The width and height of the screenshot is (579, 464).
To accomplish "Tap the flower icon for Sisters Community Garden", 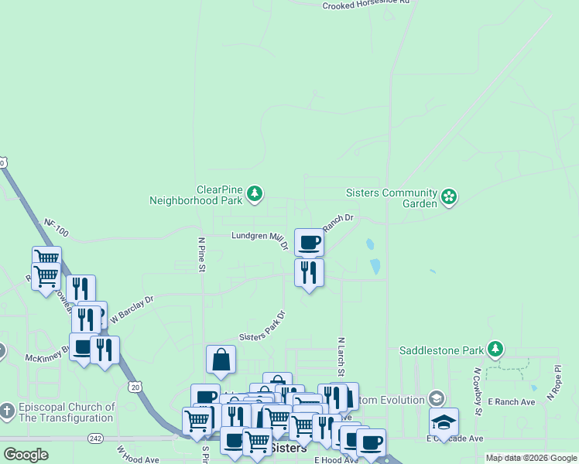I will pyautogui.click(x=448, y=197).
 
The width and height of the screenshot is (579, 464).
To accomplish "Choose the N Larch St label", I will pyautogui.click(x=341, y=351).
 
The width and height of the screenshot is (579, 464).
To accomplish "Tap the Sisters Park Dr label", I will pyautogui.click(x=262, y=327).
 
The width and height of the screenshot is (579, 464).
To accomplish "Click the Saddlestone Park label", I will pyautogui.click(x=441, y=350).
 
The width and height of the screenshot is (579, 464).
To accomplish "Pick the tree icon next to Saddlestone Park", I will pyautogui.click(x=495, y=350).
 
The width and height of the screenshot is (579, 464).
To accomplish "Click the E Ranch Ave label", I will pyautogui.click(x=512, y=402).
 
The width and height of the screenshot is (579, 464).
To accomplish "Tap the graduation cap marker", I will pyautogui.click(x=444, y=421).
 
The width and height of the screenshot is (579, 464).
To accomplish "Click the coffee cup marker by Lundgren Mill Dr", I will pyautogui.click(x=309, y=242).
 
